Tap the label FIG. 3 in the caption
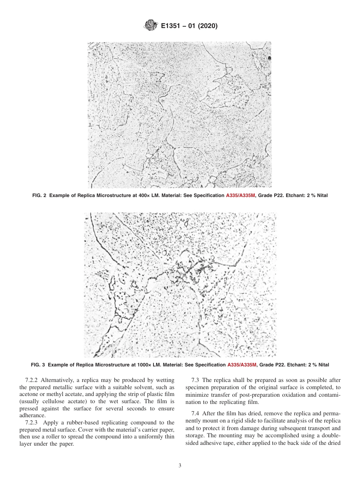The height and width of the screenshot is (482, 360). point(38,365)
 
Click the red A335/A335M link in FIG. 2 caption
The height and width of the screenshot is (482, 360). point(241,196)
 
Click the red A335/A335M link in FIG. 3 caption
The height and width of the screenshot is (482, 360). point(242,365)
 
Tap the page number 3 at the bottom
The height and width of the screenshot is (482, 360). point(180,466)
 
